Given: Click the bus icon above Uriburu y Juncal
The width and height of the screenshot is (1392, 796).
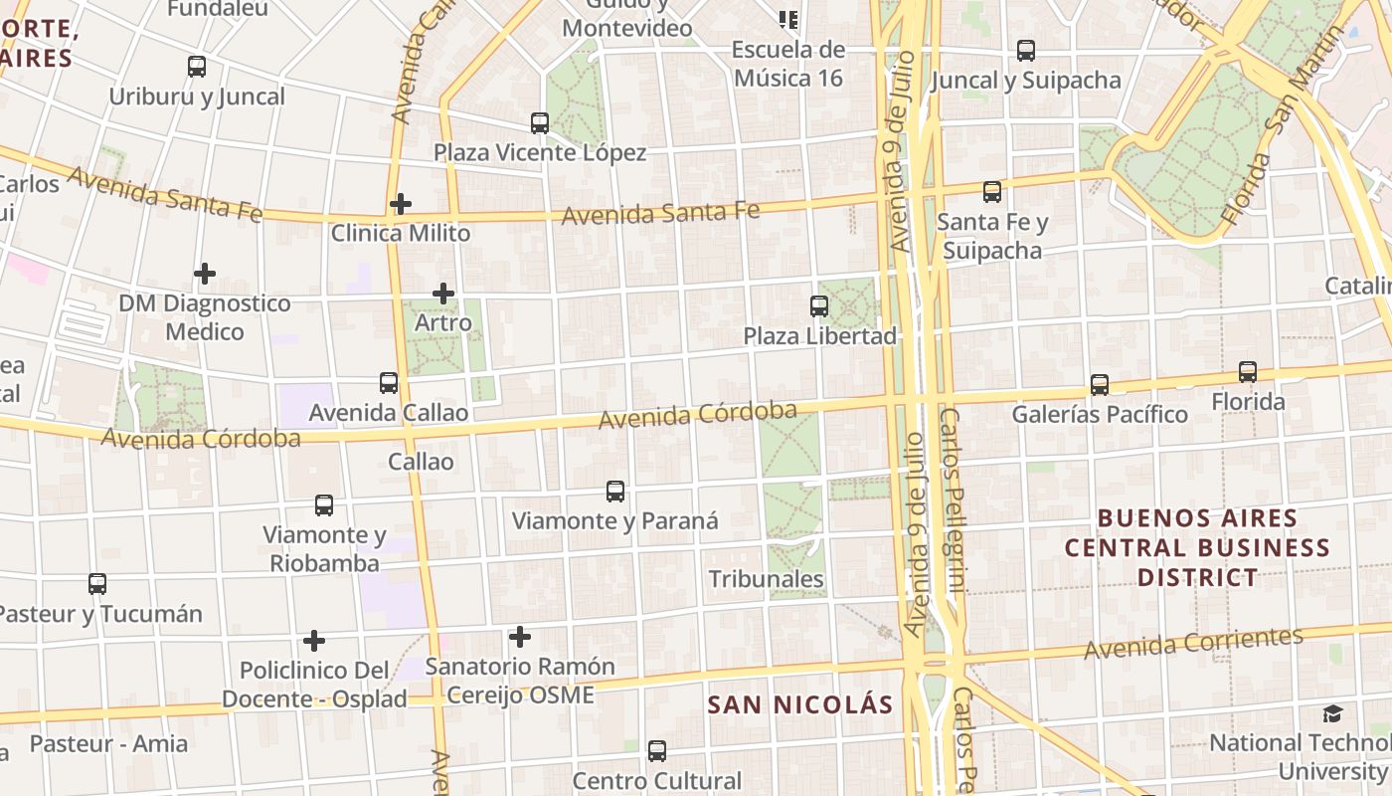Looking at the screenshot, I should coord(197,67).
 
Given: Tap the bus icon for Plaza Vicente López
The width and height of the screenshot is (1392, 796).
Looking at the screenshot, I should coord(540,123).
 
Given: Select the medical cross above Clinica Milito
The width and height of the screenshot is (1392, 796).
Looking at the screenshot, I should coord(401,204).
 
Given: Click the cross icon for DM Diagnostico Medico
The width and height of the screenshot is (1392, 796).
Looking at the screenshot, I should coord(205,274).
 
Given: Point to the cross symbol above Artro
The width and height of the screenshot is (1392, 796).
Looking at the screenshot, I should coord(443,294).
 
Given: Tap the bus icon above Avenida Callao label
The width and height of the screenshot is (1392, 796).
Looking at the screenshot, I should coord(389,383).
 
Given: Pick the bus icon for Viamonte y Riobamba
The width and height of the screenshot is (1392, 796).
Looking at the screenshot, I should coord(324,505).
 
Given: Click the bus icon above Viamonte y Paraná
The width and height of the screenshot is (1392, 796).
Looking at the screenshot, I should coord(615,492).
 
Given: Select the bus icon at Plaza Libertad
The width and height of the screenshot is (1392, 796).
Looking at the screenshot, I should coord(819,306).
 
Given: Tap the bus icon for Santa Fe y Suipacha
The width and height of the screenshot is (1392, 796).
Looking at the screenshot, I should coord(992,192).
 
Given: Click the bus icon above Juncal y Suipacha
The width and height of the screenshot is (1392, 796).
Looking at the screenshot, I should coord(1026,51).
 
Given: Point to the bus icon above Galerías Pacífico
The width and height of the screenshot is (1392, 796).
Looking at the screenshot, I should coord(1100,385).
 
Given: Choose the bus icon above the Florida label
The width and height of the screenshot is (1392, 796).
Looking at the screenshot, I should coord(1248,372).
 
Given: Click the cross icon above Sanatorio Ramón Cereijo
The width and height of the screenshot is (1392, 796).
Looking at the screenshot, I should coord(519,637).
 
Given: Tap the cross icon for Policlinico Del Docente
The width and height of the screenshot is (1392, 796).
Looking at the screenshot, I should coord(314,641).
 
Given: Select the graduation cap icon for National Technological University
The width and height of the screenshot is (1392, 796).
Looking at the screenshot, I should coord(1332,713).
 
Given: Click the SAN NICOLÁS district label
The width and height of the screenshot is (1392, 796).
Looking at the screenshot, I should coord(800,705).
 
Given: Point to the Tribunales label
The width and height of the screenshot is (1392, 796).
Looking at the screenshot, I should coord(766,579).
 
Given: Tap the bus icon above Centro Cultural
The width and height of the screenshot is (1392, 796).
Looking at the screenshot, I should coord(657,751).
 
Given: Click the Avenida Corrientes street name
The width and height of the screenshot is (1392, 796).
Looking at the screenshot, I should coord(1193,643).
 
